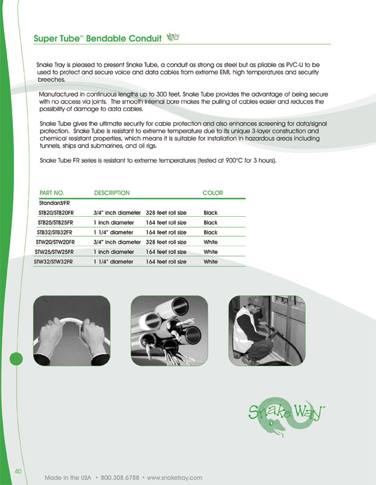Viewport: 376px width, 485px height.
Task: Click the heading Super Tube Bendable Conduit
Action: (98, 38)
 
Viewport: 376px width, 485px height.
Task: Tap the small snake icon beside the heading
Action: (173, 37)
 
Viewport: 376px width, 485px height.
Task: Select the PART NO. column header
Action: (52, 193)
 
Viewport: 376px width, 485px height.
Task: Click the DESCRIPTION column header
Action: (112, 193)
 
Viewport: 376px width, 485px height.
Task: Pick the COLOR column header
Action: (213, 193)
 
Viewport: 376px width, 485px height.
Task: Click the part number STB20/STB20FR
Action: (56, 213)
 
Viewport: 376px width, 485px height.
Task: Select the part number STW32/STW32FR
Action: (53, 262)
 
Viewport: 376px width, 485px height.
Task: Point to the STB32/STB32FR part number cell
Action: (55, 232)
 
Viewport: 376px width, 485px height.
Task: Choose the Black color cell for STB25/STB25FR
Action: (211, 222)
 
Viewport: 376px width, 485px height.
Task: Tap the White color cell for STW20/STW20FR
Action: (211, 242)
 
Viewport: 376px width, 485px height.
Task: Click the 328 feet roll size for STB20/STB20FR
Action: (166, 213)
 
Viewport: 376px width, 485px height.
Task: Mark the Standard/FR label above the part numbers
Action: (55, 203)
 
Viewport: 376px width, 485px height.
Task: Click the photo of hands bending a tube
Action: (72, 331)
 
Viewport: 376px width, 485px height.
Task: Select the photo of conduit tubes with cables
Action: (170, 331)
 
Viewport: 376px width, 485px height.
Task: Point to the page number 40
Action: (18, 471)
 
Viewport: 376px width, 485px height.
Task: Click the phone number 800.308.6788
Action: (120, 478)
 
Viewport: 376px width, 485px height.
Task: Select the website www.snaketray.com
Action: (174, 478)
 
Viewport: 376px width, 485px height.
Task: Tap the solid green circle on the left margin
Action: (16, 359)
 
